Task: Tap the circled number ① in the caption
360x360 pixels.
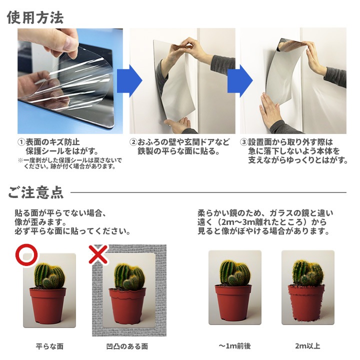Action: [x=21, y=142]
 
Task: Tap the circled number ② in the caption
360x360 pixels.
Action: [x=133, y=142]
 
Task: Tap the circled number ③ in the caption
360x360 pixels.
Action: [x=244, y=142]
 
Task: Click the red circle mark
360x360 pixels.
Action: [x=26, y=255]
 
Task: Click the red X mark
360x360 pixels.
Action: [x=98, y=255]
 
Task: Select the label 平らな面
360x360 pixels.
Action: [x=49, y=346]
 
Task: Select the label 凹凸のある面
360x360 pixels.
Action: [x=127, y=346]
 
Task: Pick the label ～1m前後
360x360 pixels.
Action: [x=234, y=346]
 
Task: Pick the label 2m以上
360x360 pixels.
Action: [x=307, y=346]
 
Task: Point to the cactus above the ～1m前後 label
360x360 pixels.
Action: [x=234, y=272]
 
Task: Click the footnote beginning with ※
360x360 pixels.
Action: [x=70, y=163]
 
